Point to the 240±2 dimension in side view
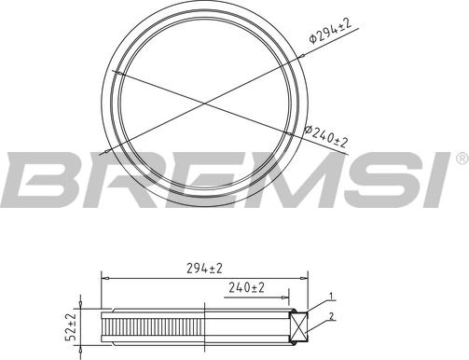tap(246, 289)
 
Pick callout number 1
tap(331, 298)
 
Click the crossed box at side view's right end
tap(301, 325)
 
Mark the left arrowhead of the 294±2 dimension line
tap(103, 277)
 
